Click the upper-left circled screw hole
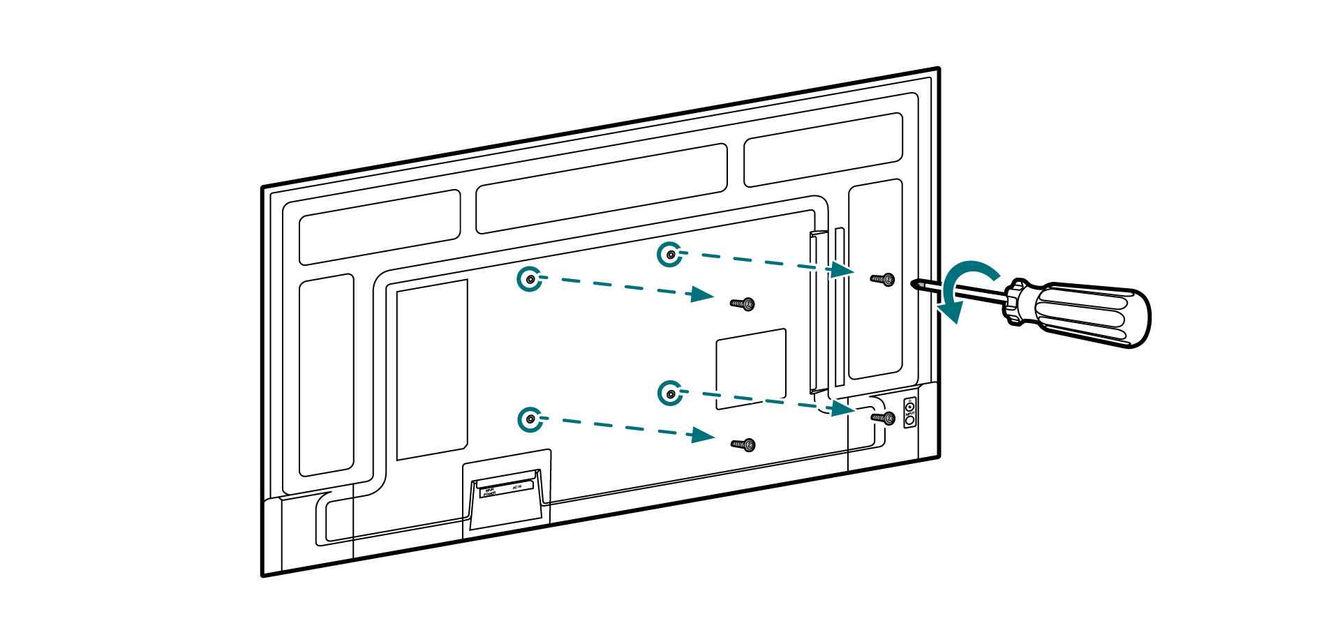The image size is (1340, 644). (530, 279)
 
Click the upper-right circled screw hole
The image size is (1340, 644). (670, 255)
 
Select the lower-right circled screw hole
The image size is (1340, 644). (670, 394)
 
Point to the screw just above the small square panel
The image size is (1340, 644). (744, 304)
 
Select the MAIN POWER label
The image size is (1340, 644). (489, 492)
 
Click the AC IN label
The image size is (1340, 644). (516, 486)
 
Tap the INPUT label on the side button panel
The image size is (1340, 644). (909, 414)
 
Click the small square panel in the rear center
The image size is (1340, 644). (752, 368)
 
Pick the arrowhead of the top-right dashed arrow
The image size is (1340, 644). (843, 269)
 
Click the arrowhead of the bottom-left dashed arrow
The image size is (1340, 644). (702, 436)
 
